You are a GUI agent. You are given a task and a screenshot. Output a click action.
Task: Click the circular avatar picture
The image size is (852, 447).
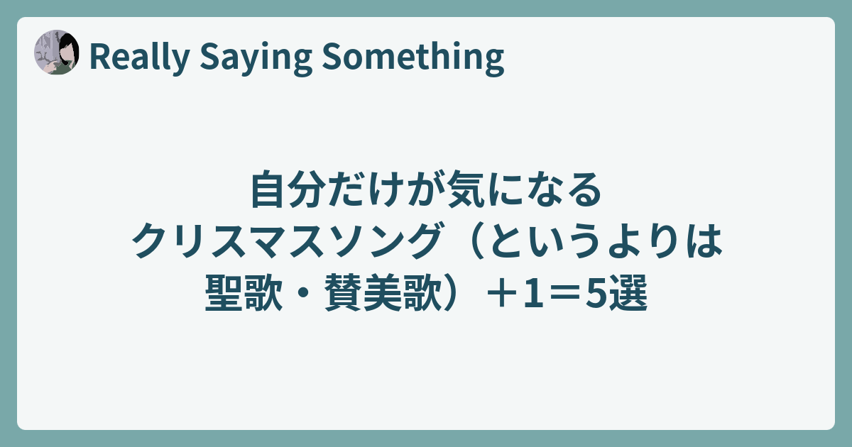click(57, 52)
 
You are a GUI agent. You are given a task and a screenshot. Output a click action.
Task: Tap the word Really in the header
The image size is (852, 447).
click(140, 57)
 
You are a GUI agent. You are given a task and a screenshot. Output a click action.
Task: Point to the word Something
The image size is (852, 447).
click(413, 57)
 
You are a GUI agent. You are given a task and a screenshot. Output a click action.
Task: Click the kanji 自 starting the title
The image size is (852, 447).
click(269, 189)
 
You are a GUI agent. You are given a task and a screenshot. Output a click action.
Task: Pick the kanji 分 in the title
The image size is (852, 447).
click(308, 189)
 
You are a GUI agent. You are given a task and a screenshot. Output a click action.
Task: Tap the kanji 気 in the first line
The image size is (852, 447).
click(465, 189)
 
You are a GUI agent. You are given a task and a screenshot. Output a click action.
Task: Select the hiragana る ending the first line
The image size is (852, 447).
click(583, 189)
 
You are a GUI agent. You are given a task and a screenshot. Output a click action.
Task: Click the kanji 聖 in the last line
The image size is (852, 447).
click(224, 293)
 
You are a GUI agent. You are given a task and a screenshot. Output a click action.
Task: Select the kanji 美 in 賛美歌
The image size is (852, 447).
click(383, 293)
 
